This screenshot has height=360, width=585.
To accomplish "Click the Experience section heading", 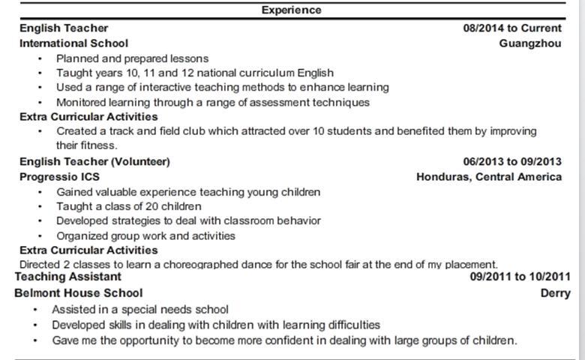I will [x=291, y=10].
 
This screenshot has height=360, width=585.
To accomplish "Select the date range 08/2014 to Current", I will [x=512, y=28].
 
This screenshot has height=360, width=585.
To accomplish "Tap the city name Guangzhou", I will [x=530, y=43].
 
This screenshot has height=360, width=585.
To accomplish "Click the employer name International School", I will [x=73, y=43].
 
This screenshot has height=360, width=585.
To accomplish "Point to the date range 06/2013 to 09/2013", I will [x=512, y=162].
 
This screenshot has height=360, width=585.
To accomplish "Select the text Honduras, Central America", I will [x=489, y=177].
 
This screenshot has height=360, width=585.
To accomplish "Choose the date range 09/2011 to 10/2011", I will [x=520, y=277].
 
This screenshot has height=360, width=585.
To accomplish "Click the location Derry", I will [x=555, y=293].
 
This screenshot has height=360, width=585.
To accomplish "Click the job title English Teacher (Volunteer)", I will [x=94, y=162].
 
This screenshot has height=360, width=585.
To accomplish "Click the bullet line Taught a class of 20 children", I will [x=129, y=206].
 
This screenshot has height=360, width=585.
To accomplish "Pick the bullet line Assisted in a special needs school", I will [x=140, y=309].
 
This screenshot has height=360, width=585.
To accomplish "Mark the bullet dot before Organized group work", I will [x=39, y=236].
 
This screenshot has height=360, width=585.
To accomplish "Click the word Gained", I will [x=74, y=192].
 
